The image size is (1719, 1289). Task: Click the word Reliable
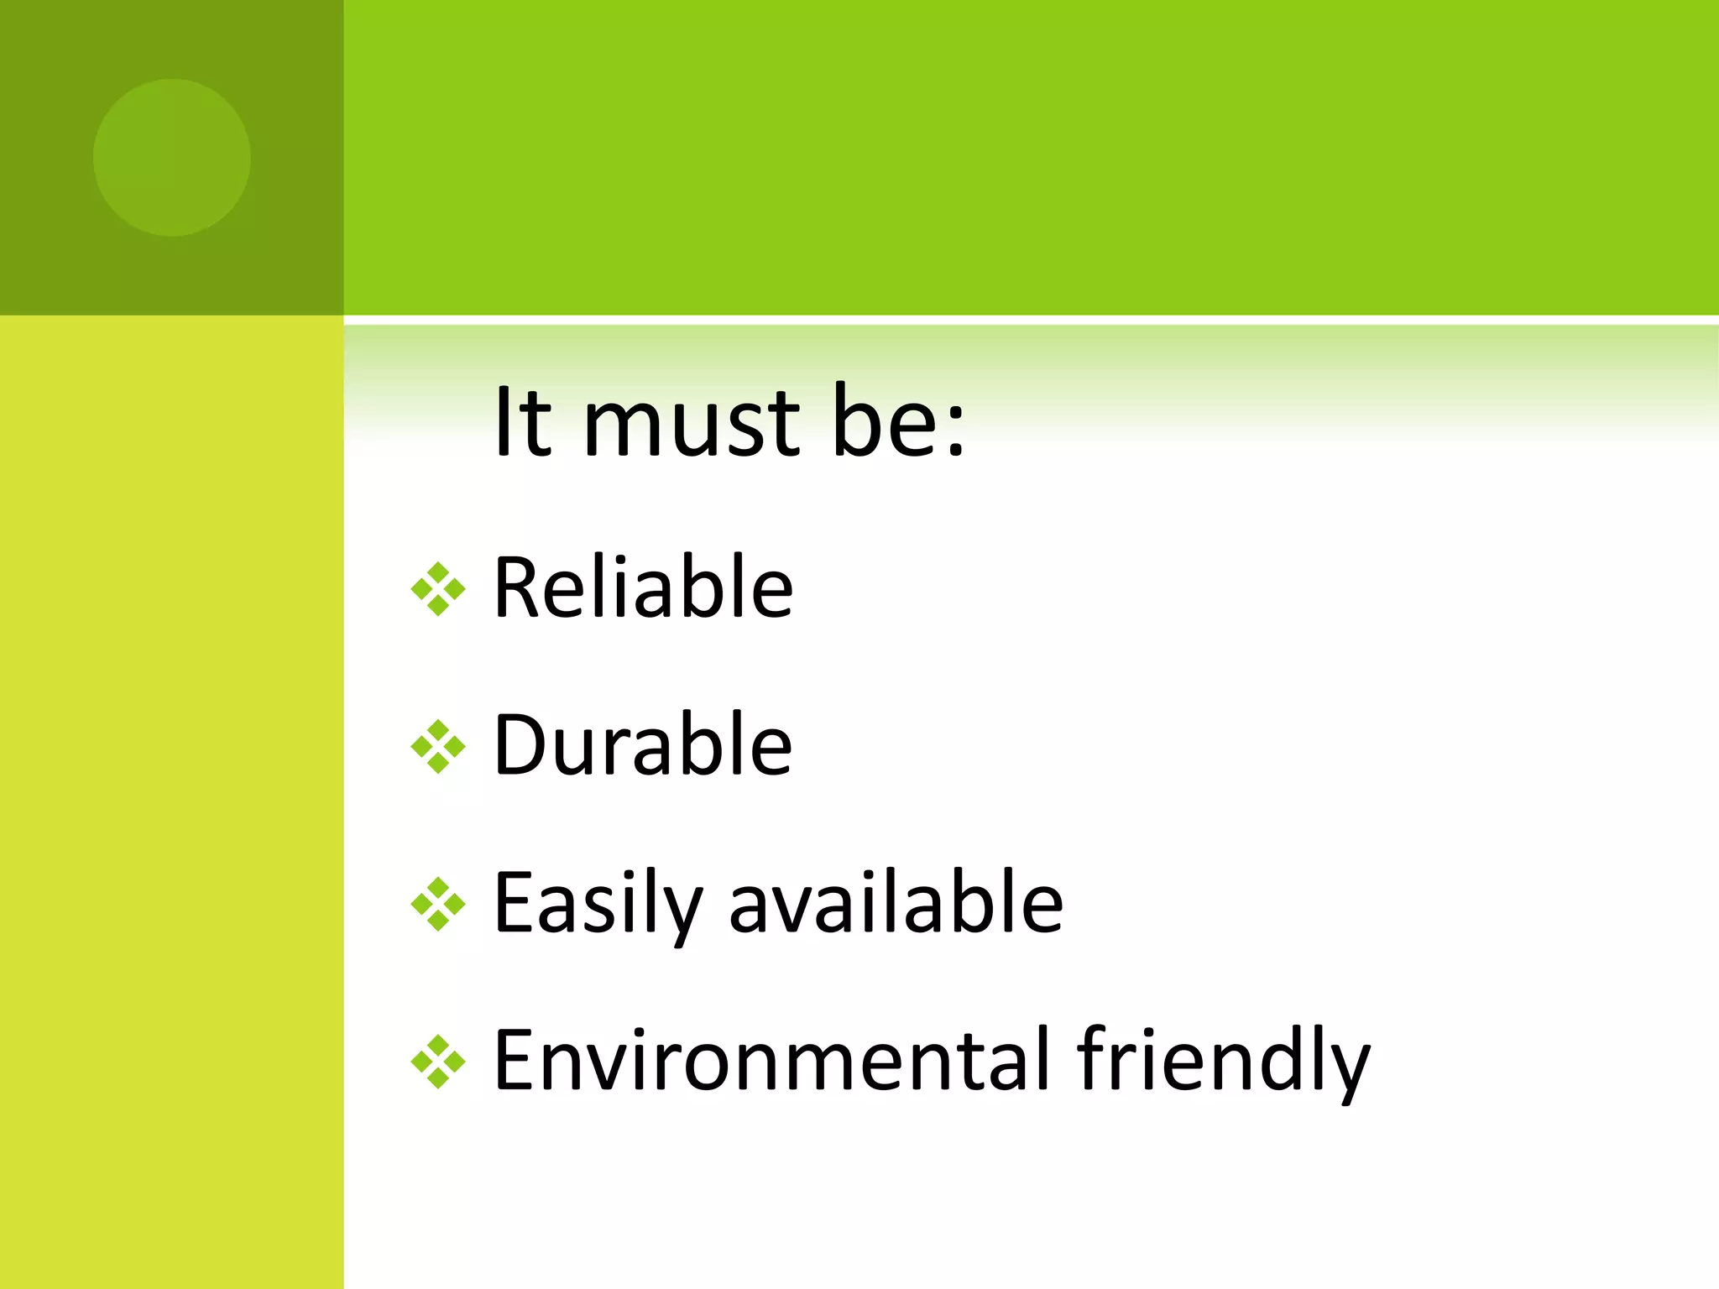coord(643,587)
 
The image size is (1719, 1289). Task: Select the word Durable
coord(643,744)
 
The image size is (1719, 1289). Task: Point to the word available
coord(896,902)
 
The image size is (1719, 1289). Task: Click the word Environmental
coord(771,1060)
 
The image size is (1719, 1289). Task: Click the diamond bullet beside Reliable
coord(437,589)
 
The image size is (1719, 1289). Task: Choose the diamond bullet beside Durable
coord(437,746)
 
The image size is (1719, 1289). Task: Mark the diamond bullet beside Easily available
coord(437,904)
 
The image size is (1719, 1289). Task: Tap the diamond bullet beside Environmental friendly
coord(437,1062)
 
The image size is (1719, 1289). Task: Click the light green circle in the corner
coord(172,158)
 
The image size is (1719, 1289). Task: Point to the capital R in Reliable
coord(518,587)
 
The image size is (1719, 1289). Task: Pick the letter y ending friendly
coord(1348,1070)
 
